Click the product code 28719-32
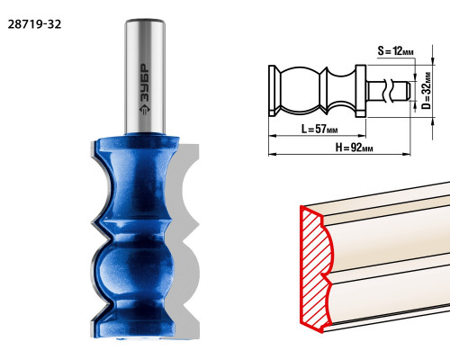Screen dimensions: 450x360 click(x=34, y=24)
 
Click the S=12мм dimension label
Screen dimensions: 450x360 click(x=395, y=51)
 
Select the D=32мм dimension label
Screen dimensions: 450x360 click(x=426, y=90)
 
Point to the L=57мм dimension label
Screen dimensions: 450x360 click(x=319, y=129)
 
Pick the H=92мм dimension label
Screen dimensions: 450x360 click(x=355, y=148)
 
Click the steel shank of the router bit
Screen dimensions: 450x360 click(x=145, y=76)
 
